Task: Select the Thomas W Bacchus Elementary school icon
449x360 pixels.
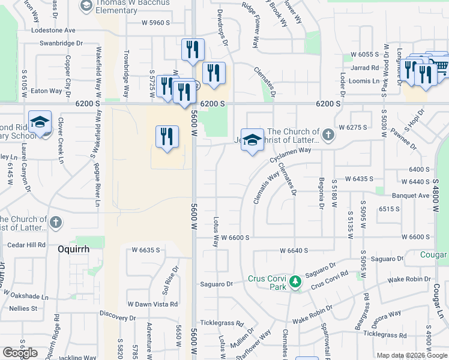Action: pyautogui.click(x=86, y=5)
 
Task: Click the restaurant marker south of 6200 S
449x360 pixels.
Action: pyautogui.click(x=167, y=136)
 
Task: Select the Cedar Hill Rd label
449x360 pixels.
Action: pyautogui.click(x=27, y=245)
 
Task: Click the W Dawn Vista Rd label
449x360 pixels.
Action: pyautogui.click(x=152, y=304)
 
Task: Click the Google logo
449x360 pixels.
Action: pyautogui.click(x=20, y=352)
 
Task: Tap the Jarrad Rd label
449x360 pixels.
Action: pyautogui.click(x=366, y=68)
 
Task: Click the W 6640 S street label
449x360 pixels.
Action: pyautogui.click(x=294, y=250)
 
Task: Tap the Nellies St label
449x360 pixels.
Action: pyautogui.click(x=23, y=308)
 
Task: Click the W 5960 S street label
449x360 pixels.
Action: pyautogui.click(x=156, y=23)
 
